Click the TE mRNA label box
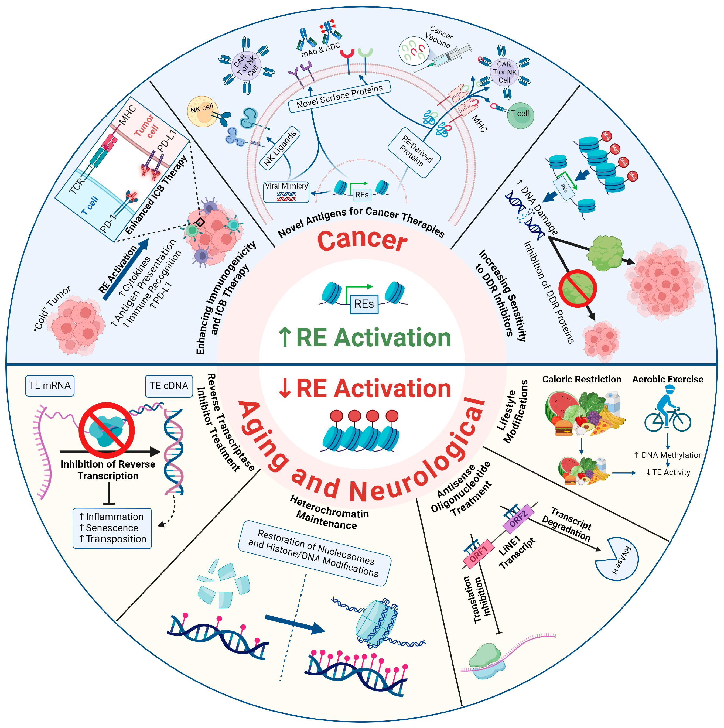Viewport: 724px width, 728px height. (50, 385)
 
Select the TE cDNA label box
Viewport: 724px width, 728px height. (169, 386)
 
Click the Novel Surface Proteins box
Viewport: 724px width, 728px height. (339, 97)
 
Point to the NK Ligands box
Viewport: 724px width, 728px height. (280, 148)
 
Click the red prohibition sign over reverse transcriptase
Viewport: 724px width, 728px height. (107, 430)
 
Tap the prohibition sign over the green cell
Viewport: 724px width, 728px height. (577, 288)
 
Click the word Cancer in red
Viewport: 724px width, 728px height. (362, 241)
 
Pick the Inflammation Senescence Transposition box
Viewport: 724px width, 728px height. (112, 528)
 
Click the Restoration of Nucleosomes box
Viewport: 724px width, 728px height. (315, 553)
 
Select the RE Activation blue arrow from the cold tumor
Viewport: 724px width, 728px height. (126, 269)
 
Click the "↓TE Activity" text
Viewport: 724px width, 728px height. (668, 472)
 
